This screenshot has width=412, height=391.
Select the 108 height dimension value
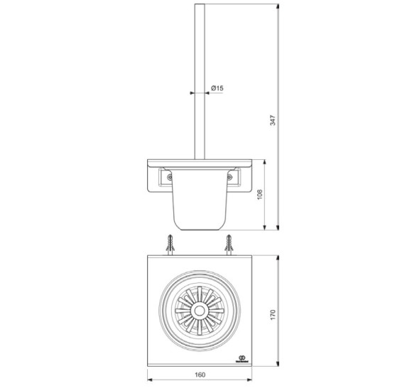tap(261, 194)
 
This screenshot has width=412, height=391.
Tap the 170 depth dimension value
tap(273, 314)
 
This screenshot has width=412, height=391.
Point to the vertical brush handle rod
tap(200, 78)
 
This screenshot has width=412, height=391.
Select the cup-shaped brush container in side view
tap(200, 203)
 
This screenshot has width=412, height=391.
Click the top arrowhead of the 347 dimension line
tap(278, 7)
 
